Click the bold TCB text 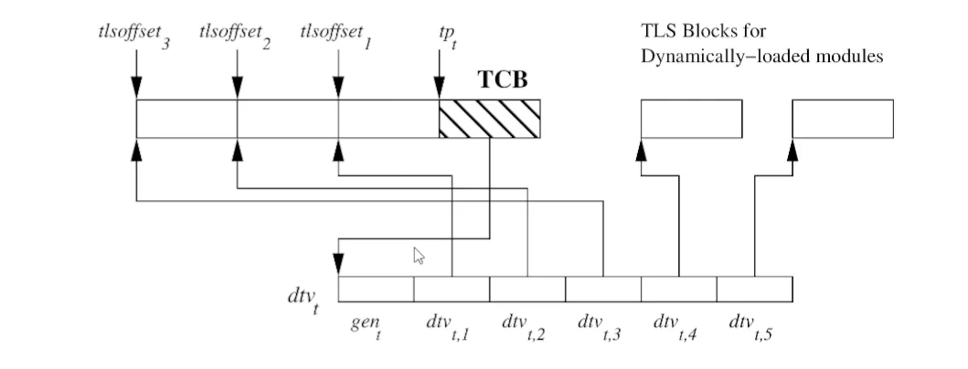[503, 79]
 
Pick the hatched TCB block [489, 119]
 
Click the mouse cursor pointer [420, 256]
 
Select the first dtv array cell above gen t [376, 289]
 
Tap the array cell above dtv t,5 [754, 289]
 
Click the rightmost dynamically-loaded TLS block [842, 119]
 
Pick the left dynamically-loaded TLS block [690, 119]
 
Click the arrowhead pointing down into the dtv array [338, 264]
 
